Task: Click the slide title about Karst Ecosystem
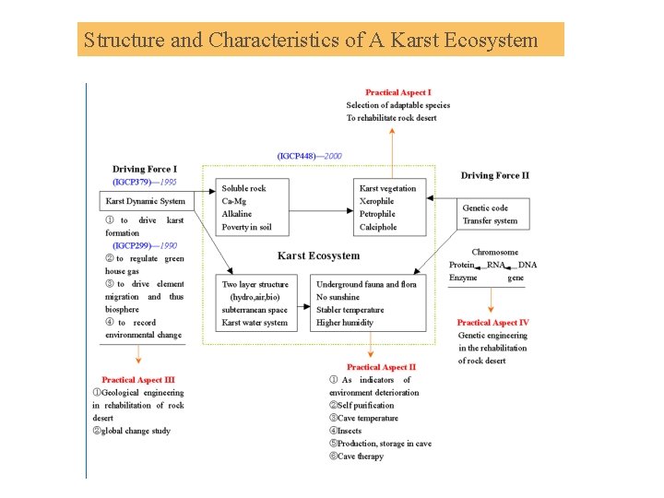(310, 41)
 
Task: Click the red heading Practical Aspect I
(397, 92)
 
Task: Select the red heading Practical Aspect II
(381, 367)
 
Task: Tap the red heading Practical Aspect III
(137, 380)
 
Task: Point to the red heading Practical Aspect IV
(492, 323)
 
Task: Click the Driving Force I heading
(145, 170)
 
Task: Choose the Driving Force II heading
(495, 175)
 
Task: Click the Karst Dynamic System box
(146, 201)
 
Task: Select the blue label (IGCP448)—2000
(309, 156)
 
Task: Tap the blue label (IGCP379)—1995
(145, 183)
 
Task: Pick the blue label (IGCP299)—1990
(145, 246)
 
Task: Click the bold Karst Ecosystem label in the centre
(318, 255)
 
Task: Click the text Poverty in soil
(246, 227)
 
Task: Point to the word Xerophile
(376, 201)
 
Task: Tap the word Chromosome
(494, 252)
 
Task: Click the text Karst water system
(255, 323)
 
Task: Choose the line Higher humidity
(345, 323)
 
